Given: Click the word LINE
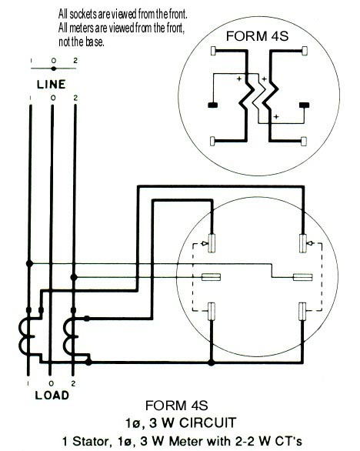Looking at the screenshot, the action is click(x=52, y=85).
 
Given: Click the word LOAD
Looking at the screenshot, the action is click(x=52, y=395).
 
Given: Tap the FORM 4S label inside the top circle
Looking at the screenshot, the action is click(x=257, y=36).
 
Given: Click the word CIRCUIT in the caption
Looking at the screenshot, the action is click(x=208, y=423).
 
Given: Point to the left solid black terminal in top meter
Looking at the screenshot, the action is click(x=212, y=105).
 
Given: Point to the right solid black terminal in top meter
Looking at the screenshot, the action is click(x=304, y=105).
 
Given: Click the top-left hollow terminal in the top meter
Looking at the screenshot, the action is click(x=213, y=51).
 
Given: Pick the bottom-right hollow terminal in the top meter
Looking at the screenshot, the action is click(x=304, y=141).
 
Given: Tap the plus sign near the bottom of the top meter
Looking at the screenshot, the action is click(x=276, y=117).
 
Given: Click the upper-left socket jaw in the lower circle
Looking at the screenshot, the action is click(x=212, y=243).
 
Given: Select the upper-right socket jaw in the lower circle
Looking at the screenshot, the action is click(x=303, y=243).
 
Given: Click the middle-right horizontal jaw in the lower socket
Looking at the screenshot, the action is click(x=303, y=277).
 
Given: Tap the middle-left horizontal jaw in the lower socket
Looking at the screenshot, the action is click(x=211, y=277).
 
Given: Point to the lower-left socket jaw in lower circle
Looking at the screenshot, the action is click(x=212, y=311).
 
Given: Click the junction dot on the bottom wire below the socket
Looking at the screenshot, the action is click(x=212, y=362).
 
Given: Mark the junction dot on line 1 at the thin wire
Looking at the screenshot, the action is click(x=29, y=263).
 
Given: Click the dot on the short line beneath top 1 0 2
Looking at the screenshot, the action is click(x=54, y=68).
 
